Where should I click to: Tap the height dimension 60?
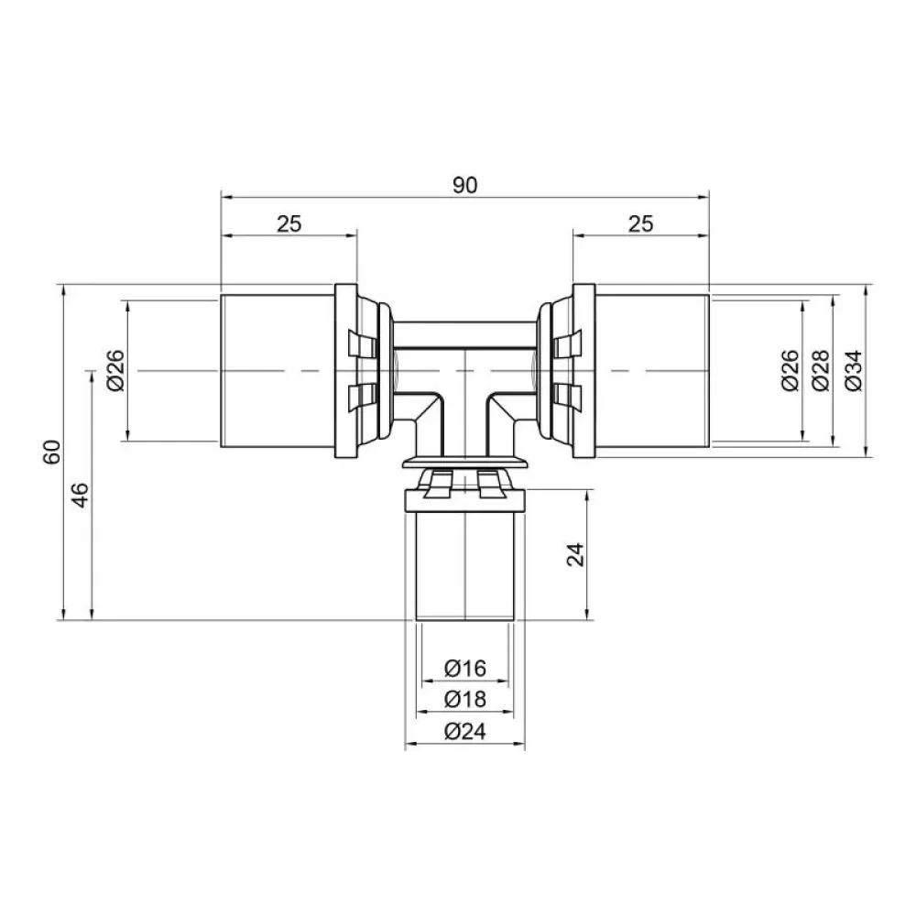coord(52,453)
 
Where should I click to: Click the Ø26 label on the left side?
coord(114,371)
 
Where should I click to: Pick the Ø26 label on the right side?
coord(791,371)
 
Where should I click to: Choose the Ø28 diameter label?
coord(821,371)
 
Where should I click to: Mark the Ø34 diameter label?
coord(853,371)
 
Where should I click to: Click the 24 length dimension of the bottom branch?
coord(574,554)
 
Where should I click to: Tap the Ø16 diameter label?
coord(464,670)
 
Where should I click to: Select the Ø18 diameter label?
coord(464,700)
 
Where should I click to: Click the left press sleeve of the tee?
coord(278,371)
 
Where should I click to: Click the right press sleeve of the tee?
coord(651,371)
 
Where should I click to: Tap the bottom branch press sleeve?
coord(464,568)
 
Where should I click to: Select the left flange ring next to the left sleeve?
coord(345,371)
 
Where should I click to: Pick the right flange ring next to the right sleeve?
coord(583,371)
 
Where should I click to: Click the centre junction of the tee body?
coord(464,371)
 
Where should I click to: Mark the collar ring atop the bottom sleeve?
coord(464,500)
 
